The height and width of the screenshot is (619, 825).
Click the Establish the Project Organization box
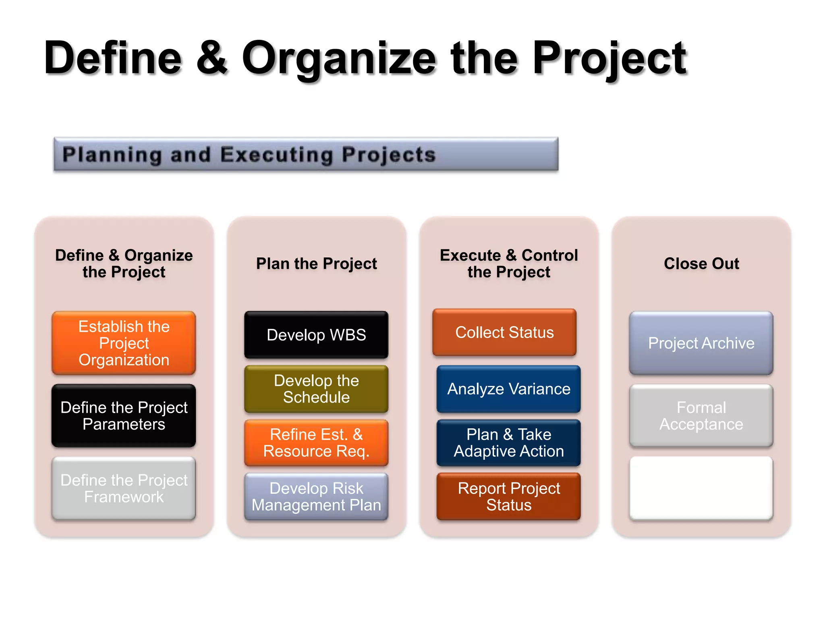pyautogui.click(x=124, y=343)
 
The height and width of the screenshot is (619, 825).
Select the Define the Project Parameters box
pyautogui.click(x=124, y=415)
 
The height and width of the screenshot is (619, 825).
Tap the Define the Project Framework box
pyautogui.click(x=124, y=488)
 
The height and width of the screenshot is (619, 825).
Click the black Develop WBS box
pyautogui.click(x=316, y=335)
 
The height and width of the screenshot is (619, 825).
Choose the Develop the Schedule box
pyautogui.click(x=316, y=389)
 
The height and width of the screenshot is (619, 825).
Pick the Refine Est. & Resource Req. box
pyautogui.click(x=316, y=442)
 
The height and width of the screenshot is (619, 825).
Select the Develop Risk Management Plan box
pyautogui.click(x=316, y=496)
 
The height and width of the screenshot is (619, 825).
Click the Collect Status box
pyautogui.click(x=504, y=332)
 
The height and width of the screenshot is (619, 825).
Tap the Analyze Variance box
pyautogui.click(x=508, y=389)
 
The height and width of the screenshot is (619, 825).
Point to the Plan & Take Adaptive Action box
pyautogui.click(x=508, y=442)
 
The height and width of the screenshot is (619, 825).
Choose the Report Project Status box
pyautogui.click(x=508, y=496)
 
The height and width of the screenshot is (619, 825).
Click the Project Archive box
pyautogui.click(x=701, y=343)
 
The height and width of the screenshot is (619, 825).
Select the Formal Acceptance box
pyautogui.click(x=701, y=415)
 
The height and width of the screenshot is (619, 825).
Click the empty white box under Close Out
pyautogui.click(x=701, y=488)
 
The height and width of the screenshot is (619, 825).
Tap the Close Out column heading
pyautogui.click(x=701, y=264)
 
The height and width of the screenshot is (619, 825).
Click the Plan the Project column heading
pyautogui.click(x=316, y=264)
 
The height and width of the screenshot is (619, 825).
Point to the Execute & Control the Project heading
pyautogui.click(x=508, y=264)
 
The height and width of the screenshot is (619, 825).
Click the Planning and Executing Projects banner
pyautogui.click(x=306, y=154)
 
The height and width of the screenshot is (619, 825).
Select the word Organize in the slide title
pyautogui.click(x=338, y=58)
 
